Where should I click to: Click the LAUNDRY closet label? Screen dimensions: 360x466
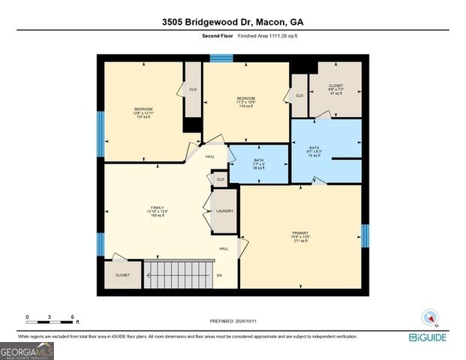[224, 211]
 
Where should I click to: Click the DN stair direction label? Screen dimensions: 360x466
[220, 275]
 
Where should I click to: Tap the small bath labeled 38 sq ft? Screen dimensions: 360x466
[258, 163]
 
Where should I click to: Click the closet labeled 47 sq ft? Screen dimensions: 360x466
[335, 89]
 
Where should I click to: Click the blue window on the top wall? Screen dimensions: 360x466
[221, 58]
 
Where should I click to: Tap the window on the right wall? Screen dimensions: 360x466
[365, 235]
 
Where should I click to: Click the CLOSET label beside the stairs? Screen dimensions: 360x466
[122, 275]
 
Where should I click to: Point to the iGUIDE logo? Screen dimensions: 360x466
[428, 337]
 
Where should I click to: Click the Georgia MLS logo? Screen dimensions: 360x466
[27, 350]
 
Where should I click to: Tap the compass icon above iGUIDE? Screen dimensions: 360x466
[430, 318]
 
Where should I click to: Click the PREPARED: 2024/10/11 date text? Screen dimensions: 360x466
[233, 321]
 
